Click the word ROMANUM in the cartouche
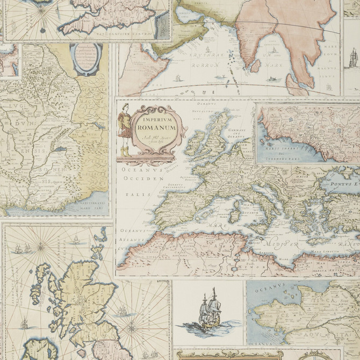click(x=156, y=128)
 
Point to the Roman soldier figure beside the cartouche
click(x=125, y=129)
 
